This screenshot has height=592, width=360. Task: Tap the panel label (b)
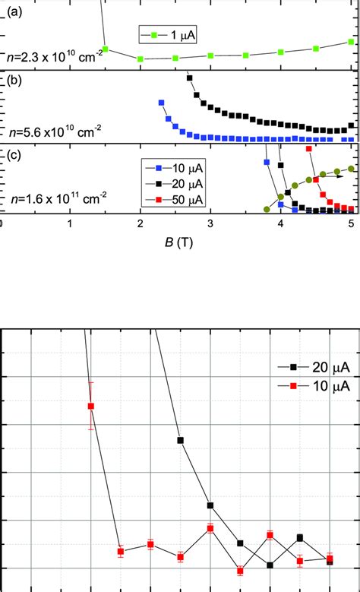(x=14, y=78)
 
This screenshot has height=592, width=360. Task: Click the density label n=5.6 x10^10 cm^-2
(x=55, y=131)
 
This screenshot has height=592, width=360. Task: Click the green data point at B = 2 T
(x=140, y=59)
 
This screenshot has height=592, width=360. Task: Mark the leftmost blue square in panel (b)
(x=161, y=103)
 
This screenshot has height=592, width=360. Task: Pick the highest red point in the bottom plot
(x=91, y=406)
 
